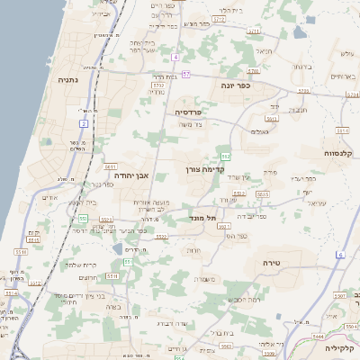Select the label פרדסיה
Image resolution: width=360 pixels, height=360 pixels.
pyautogui.click(x=189, y=112)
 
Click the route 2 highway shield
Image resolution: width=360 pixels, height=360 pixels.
pyautogui.click(x=84, y=122)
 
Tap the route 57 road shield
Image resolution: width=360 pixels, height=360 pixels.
pyautogui.click(x=185, y=74)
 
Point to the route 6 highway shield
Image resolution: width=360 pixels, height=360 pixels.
pyautogui.click(x=341, y=255)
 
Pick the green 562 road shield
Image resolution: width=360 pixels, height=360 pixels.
pyautogui.click(x=226, y=157)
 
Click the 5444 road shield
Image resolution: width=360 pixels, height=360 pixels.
pyautogui.click(x=318, y=335)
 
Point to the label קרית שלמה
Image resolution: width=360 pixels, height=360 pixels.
pyautogui.click(x=80, y=265)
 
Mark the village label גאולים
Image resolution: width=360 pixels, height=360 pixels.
pyautogui.click(x=259, y=131)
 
